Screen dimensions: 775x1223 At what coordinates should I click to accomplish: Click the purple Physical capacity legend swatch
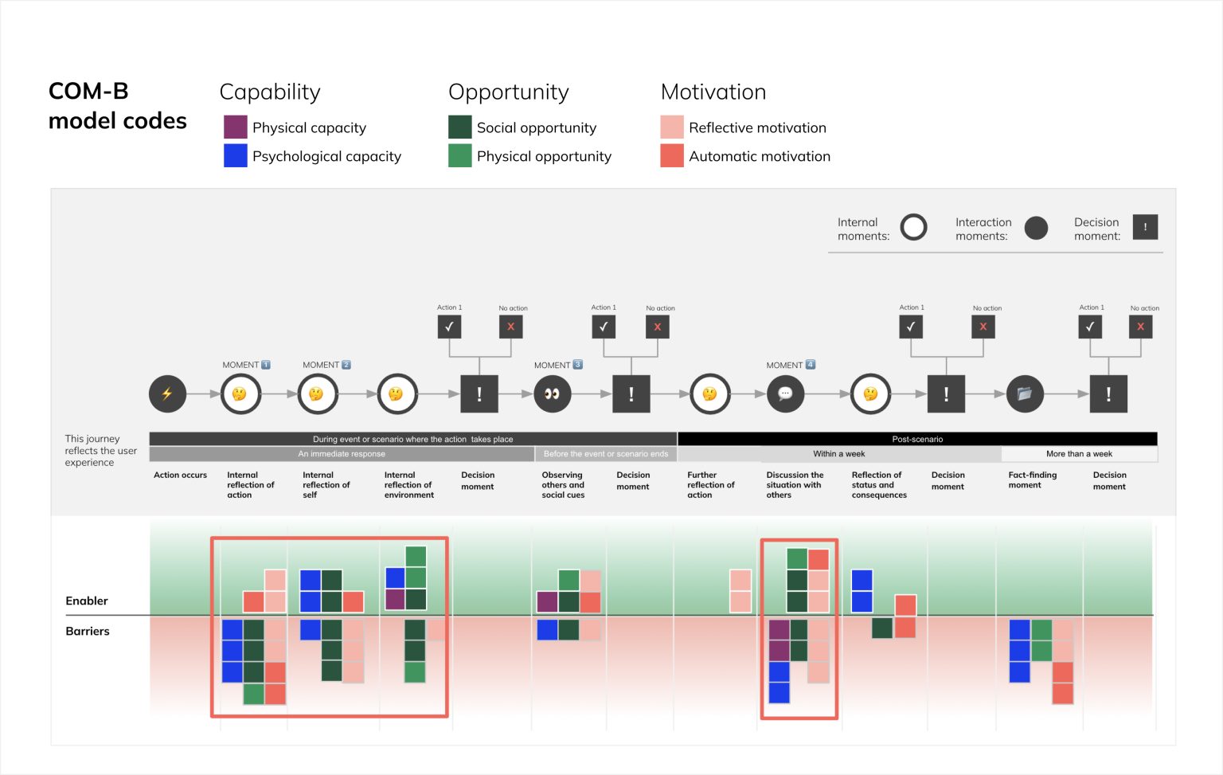(x=236, y=127)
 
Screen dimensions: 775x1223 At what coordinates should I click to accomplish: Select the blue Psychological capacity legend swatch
(x=236, y=156)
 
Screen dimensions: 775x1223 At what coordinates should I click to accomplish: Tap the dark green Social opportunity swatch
(x=460, y=127)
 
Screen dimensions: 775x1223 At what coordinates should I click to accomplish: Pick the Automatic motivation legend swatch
(x=672, y=156)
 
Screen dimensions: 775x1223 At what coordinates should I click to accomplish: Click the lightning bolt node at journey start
(x=167, y=393)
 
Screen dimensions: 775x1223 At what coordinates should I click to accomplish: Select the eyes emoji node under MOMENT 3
(x=552, y=393)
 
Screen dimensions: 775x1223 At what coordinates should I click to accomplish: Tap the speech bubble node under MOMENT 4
(x=785, y=393)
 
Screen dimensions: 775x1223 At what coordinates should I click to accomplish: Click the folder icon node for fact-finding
(x=1025, y=393)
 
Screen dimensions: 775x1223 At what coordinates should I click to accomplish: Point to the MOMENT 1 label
(x=246, y=365)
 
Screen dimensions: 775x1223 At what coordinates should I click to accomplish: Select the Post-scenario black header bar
(x=917, y=439)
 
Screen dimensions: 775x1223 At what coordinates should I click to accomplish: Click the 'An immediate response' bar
(x=342, y=454)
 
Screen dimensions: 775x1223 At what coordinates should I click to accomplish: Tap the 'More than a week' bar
(x=1079, y=454)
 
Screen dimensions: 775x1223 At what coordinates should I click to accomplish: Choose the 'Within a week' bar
(x=839, y=454)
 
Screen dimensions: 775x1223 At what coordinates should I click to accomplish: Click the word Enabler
(x=86, y=601)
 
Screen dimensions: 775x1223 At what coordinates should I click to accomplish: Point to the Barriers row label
(x=88, y=631)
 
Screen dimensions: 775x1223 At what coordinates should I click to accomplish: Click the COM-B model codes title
(x=117, y=106)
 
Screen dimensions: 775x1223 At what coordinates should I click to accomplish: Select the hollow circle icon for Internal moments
(x=913, y=228)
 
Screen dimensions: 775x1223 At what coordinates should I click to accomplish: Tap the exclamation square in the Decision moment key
(x=1145, y=227)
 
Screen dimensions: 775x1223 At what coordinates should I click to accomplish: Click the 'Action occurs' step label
(x=180, y=475)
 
